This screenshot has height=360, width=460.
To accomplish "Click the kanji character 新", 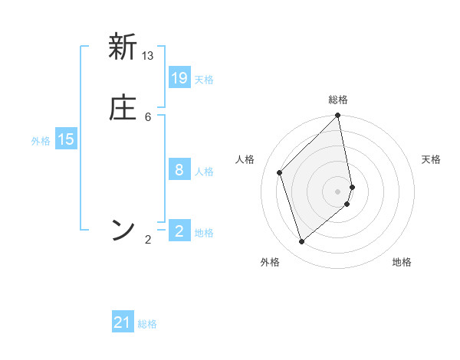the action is tap(123, 47).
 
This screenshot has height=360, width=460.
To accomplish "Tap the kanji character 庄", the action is tap(123, 108).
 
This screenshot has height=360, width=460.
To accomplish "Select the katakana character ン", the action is tap(123, 230).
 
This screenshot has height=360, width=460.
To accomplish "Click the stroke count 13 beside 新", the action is tap(148, 56).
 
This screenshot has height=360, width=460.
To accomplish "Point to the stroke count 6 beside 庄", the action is tap(148, 116).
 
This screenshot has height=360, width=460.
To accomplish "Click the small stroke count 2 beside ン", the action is tap(148, 240).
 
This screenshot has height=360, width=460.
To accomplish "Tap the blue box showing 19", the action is tap(179, 77).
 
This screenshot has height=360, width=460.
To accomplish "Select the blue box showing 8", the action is tap(179, 169).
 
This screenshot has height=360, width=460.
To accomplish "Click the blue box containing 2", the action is tap(179, 231).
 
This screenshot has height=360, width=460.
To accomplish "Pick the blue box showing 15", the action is tap(66, 139).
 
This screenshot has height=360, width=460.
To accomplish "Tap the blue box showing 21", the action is tap(123, 322).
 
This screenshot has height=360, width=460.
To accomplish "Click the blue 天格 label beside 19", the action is tap(204, 80).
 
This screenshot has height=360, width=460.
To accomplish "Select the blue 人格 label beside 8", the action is tap(204, 172).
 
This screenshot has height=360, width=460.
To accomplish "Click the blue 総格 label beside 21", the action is tap(147, 325).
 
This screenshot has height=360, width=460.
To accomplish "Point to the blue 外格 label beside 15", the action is tap(41, 141).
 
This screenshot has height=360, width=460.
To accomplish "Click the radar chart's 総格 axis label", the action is tap(338, 100).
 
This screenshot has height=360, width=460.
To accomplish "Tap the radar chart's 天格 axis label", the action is tap(432, 159).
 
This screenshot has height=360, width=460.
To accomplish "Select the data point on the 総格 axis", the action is tap(338, 116).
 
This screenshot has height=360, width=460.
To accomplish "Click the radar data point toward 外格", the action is tap(302, 242).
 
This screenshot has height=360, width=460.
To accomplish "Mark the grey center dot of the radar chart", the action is tap(338, 191).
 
